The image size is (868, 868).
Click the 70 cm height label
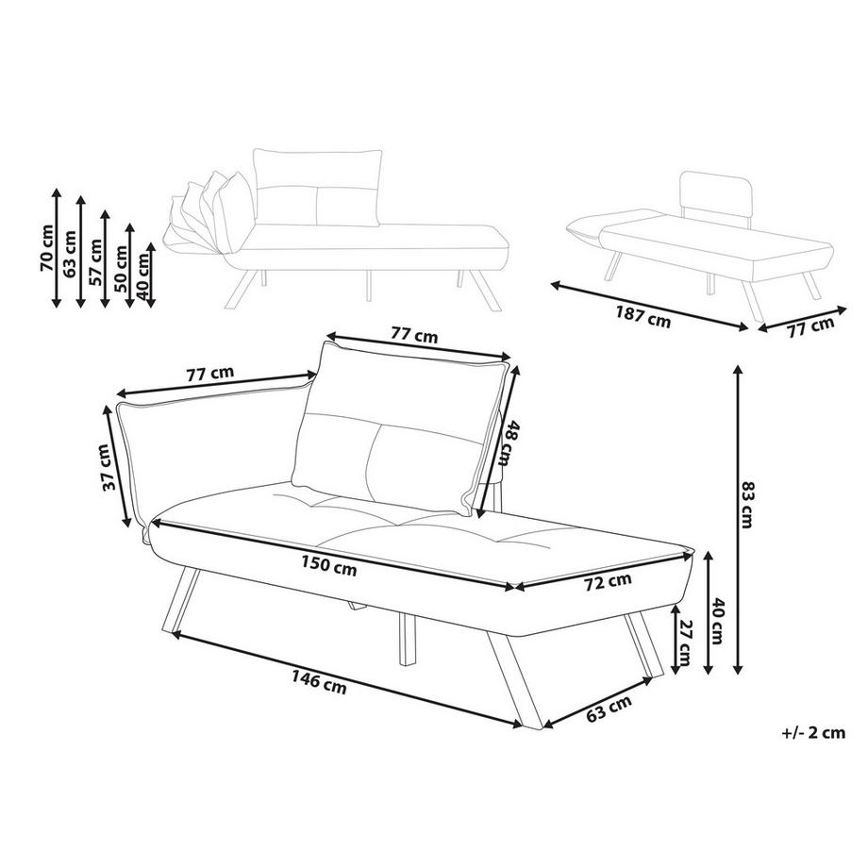[x=45, y=248]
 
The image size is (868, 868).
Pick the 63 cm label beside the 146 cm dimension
[x=609, y=709]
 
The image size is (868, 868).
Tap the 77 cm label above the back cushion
[x=414, y=334]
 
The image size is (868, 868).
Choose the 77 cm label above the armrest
[x=209, y=374]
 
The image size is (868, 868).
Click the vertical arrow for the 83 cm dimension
[x=735, y=519]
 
